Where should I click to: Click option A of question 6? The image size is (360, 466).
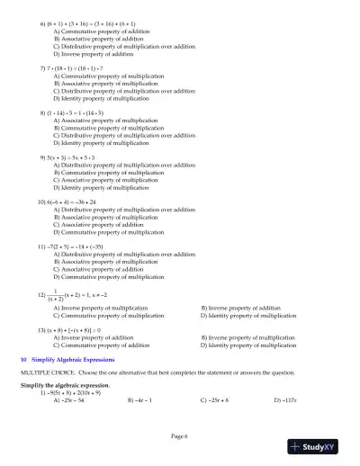click(x=105, y=31)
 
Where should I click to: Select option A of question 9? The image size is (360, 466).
click(x=123, y=166)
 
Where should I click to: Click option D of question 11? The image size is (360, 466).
click(x=108, y=276)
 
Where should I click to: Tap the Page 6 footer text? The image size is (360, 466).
click(x=180, y=435)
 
